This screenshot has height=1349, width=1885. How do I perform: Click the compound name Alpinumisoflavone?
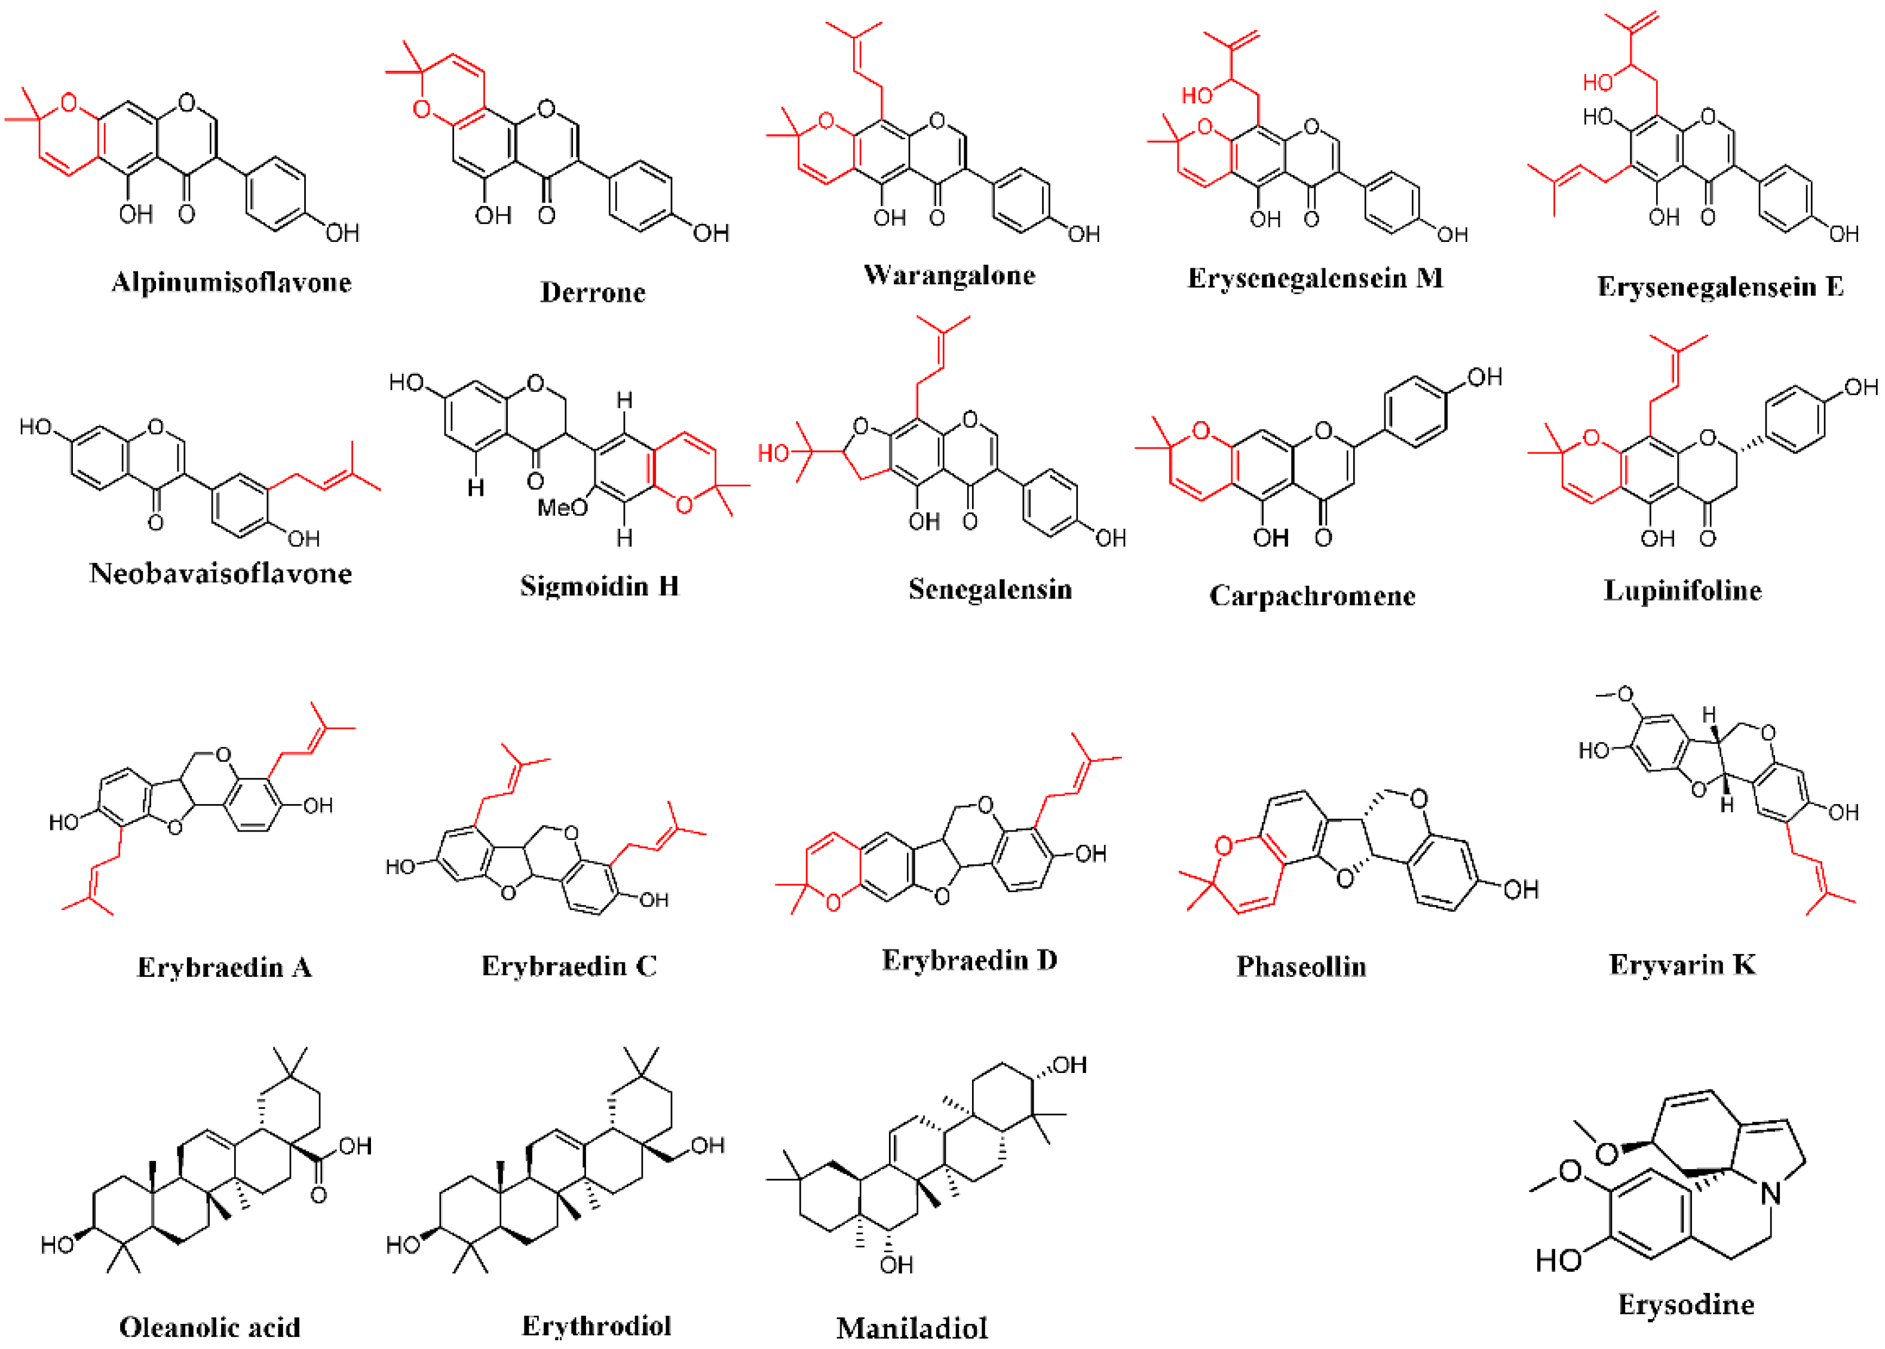tap(231, 283)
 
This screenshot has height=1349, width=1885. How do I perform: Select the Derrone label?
tap(592, 292)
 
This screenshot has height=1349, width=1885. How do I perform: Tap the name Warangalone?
tap(949, 275)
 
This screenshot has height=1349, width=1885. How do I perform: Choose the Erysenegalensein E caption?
tap(1720, 287)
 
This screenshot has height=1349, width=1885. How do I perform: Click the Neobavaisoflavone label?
tap(220, 573)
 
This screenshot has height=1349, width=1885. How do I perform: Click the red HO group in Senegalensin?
tap(774, 453)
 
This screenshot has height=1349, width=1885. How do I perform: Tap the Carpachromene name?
tap(1312, 596)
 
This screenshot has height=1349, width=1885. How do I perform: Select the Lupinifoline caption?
tap(1682, 591)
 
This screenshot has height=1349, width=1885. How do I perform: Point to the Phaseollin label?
tap(1301, 966)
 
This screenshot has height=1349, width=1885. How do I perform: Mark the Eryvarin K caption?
tap(1682, 964)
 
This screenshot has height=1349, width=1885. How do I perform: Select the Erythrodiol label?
tap(596, 1326)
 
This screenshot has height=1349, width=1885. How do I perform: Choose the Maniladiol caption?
tap(911, 1328)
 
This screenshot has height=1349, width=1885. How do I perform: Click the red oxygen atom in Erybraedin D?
tap(833, 902)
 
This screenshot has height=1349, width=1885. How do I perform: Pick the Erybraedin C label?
tap(569, 966)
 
